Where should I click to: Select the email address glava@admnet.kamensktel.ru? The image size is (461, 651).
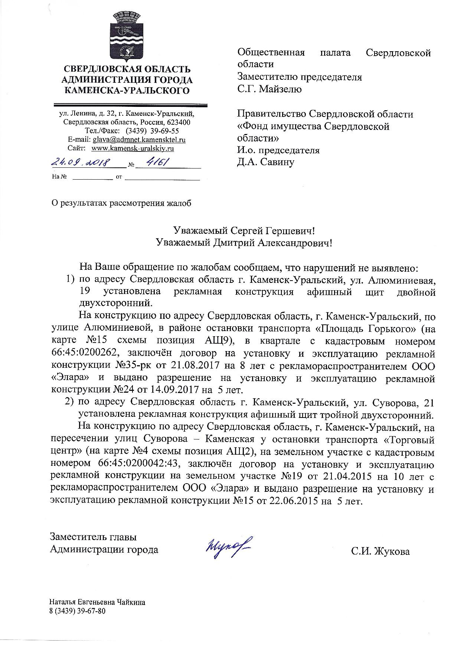coord(139,140)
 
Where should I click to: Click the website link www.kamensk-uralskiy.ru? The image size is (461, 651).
coord(133,148)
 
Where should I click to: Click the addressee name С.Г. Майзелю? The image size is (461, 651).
coord(269,89)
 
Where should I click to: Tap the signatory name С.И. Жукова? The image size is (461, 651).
coord(380,552)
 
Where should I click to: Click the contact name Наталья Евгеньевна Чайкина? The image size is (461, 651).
coord(98,602)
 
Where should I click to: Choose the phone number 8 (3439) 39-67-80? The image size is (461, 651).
coord(78,611)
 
